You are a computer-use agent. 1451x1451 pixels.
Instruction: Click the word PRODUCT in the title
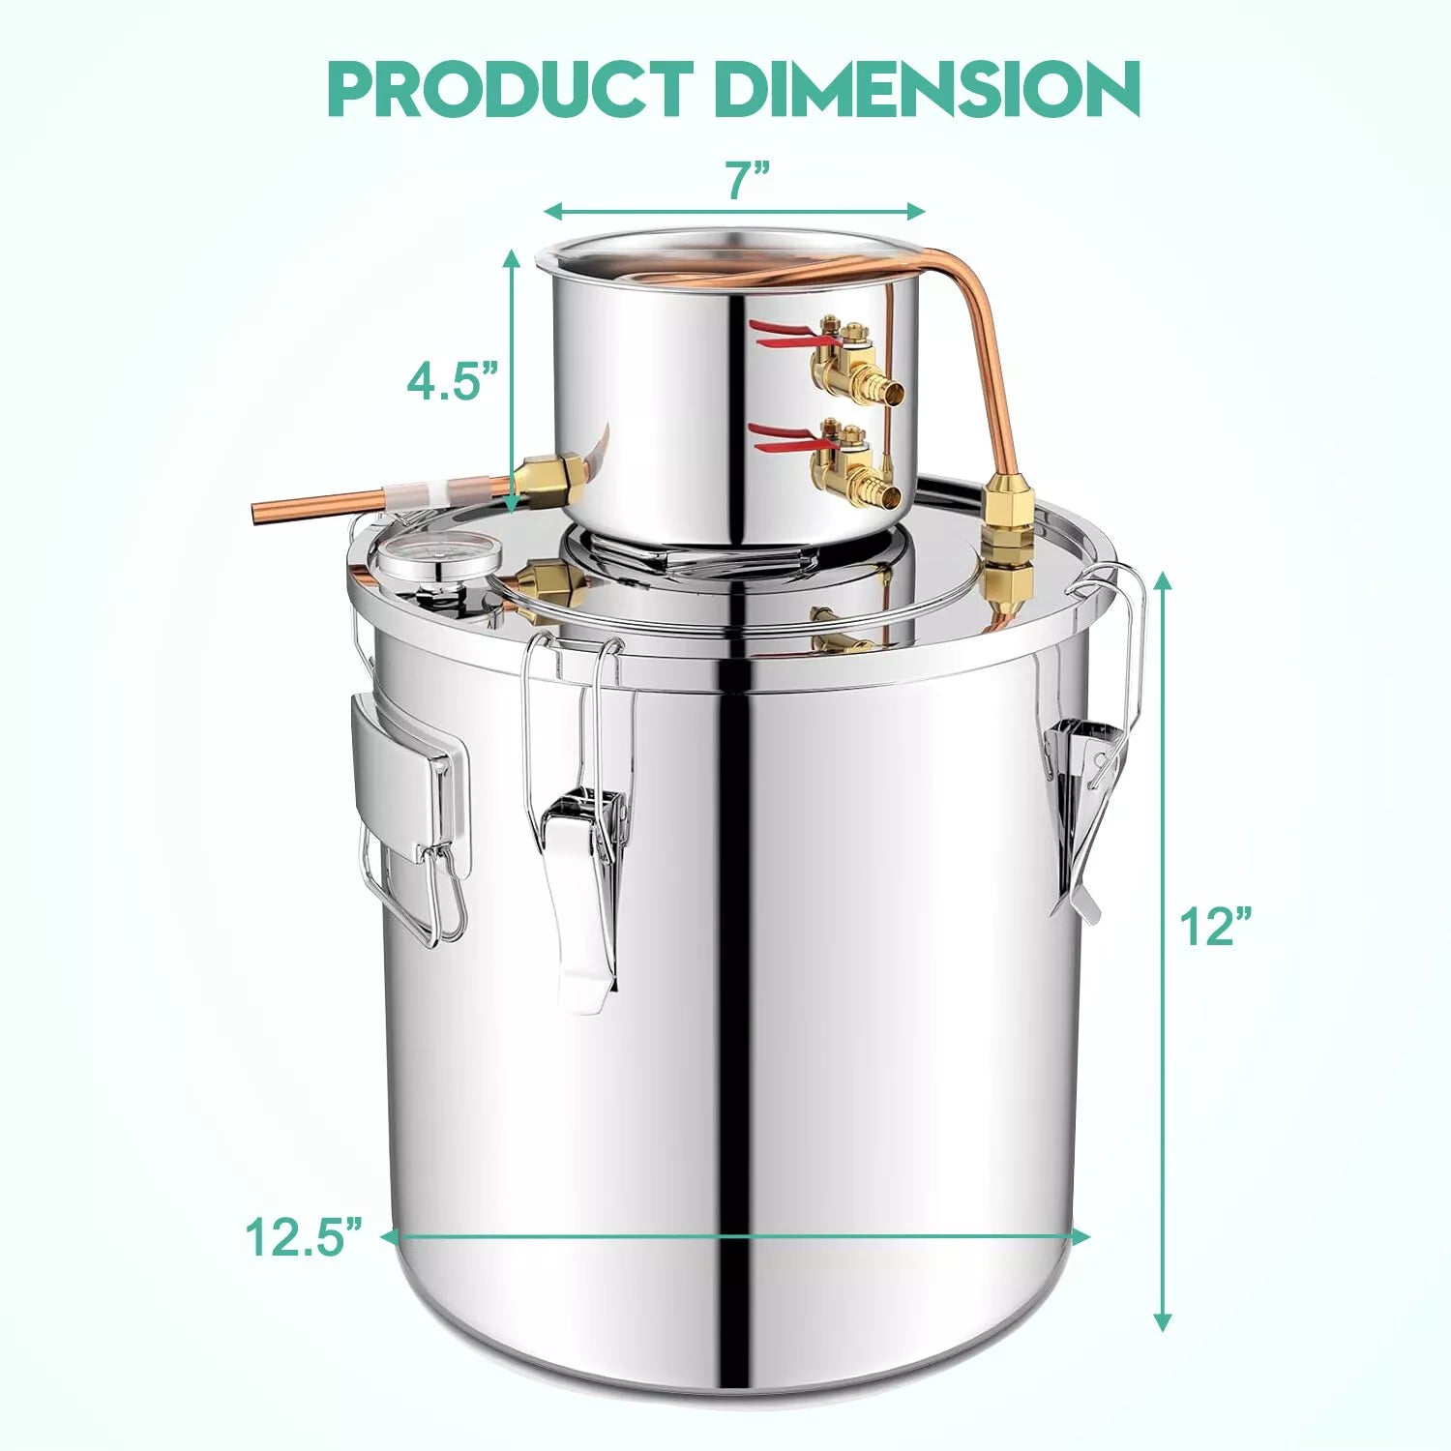511,89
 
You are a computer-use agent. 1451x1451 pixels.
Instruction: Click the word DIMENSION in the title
928,89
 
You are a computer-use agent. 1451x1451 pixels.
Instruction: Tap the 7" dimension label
748,180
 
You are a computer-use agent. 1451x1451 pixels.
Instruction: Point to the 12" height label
1216,927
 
